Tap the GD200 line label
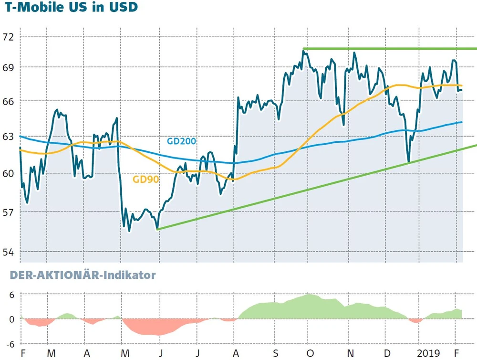tap(181, 141)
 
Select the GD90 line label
tap(145, 180)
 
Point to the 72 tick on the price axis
tap(9, 37)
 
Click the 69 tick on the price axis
tap(9, 67)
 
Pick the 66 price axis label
tap(9, 102)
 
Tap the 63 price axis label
tap(9, 137)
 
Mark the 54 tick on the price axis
tap(9, 252)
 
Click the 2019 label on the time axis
tap(427, 354)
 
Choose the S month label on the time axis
tap(276, 354)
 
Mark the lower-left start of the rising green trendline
tap(157, 229)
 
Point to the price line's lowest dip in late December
tap(408, 161)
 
